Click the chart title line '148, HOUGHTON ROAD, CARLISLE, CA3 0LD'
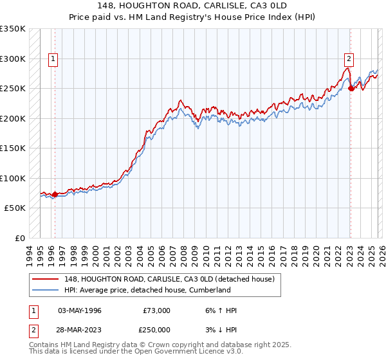192,4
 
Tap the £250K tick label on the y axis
13,89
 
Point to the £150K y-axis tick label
13,148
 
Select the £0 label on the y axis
20,238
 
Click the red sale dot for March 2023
351,89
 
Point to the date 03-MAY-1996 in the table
80,310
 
